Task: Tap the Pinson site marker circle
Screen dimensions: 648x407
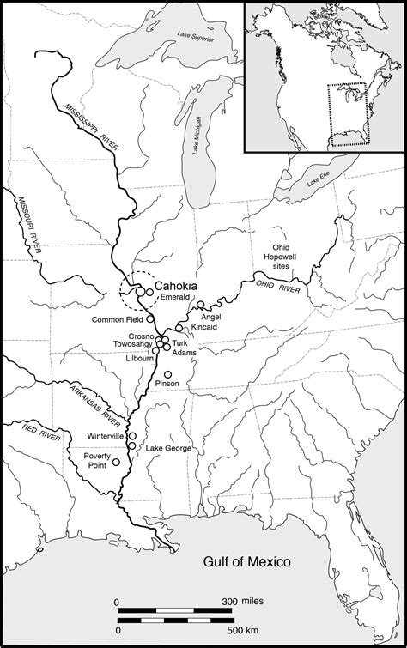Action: [168, 373]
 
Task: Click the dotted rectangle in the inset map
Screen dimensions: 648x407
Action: [347, 113]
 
